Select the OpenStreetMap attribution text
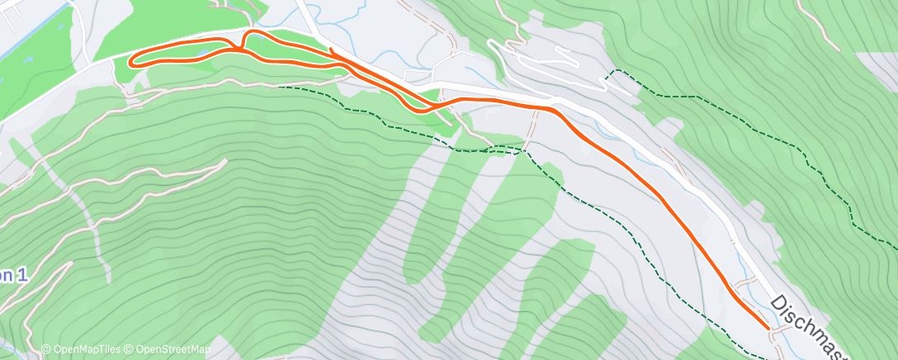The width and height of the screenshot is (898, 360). tap(169, 349)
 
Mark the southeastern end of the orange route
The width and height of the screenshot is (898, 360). tap(769, 328)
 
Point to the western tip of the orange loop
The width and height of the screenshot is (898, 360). tap(130, 59)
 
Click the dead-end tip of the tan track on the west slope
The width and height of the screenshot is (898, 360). tap(224, 161)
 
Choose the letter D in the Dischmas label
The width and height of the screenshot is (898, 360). tap(779, 305)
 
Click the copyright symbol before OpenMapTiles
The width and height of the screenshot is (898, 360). tap(46, 349)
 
